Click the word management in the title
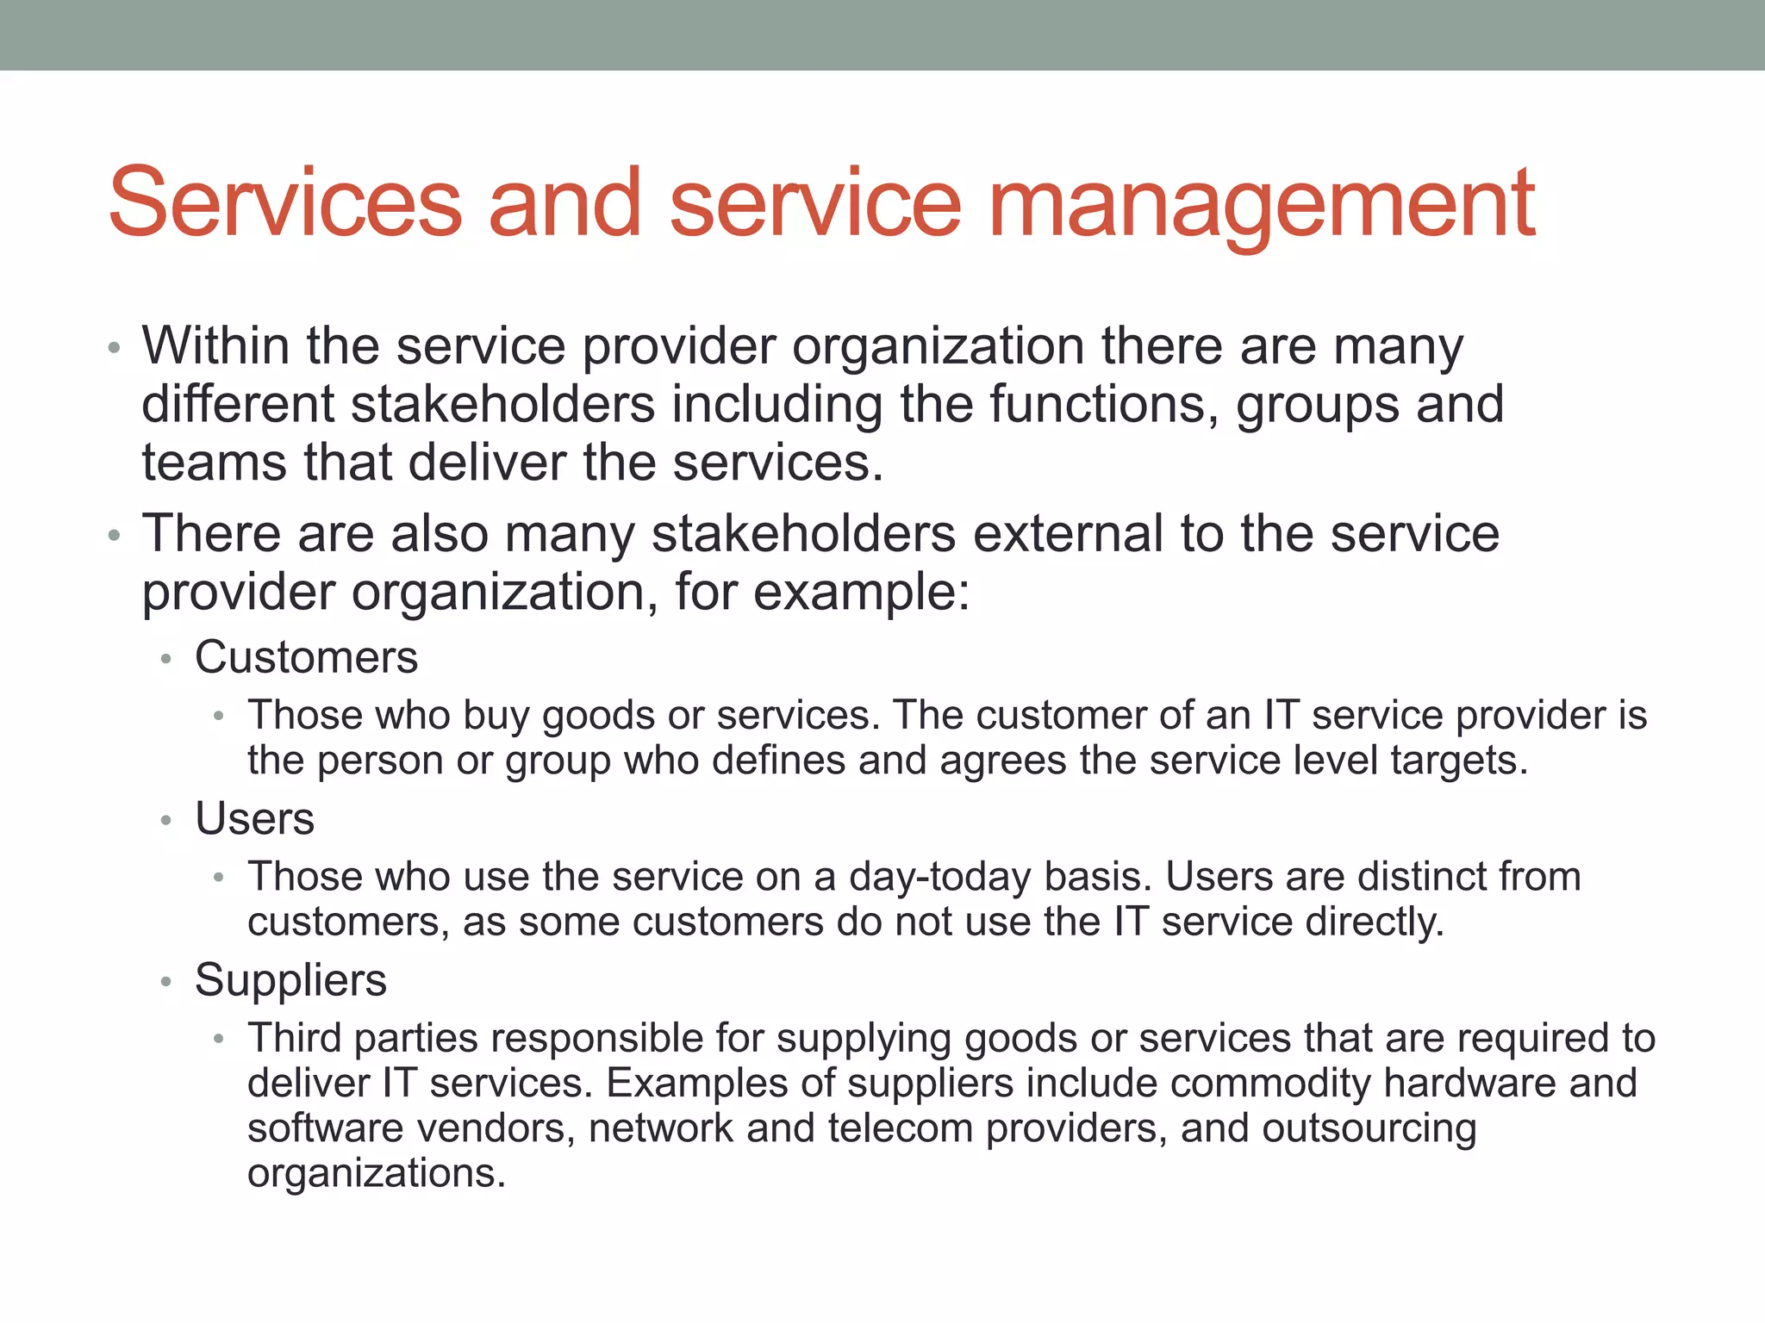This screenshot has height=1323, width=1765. (1262, 205)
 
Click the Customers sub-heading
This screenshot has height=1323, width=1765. (306, 657)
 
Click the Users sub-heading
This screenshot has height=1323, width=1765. (254, 818)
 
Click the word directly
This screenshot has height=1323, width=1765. (1374, 922)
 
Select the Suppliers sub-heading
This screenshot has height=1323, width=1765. (290, 980)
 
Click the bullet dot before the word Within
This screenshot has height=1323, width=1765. (114, 349)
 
